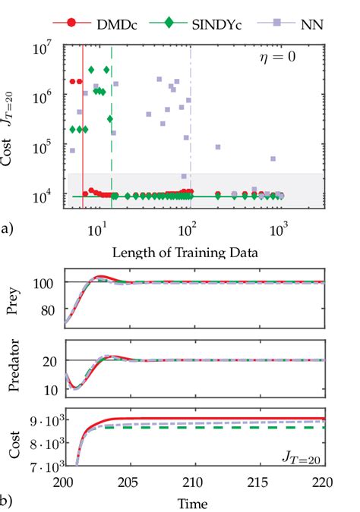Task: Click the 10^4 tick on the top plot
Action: click(x=46, y=196)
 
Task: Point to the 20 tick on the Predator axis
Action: click(x=49, y=361)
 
